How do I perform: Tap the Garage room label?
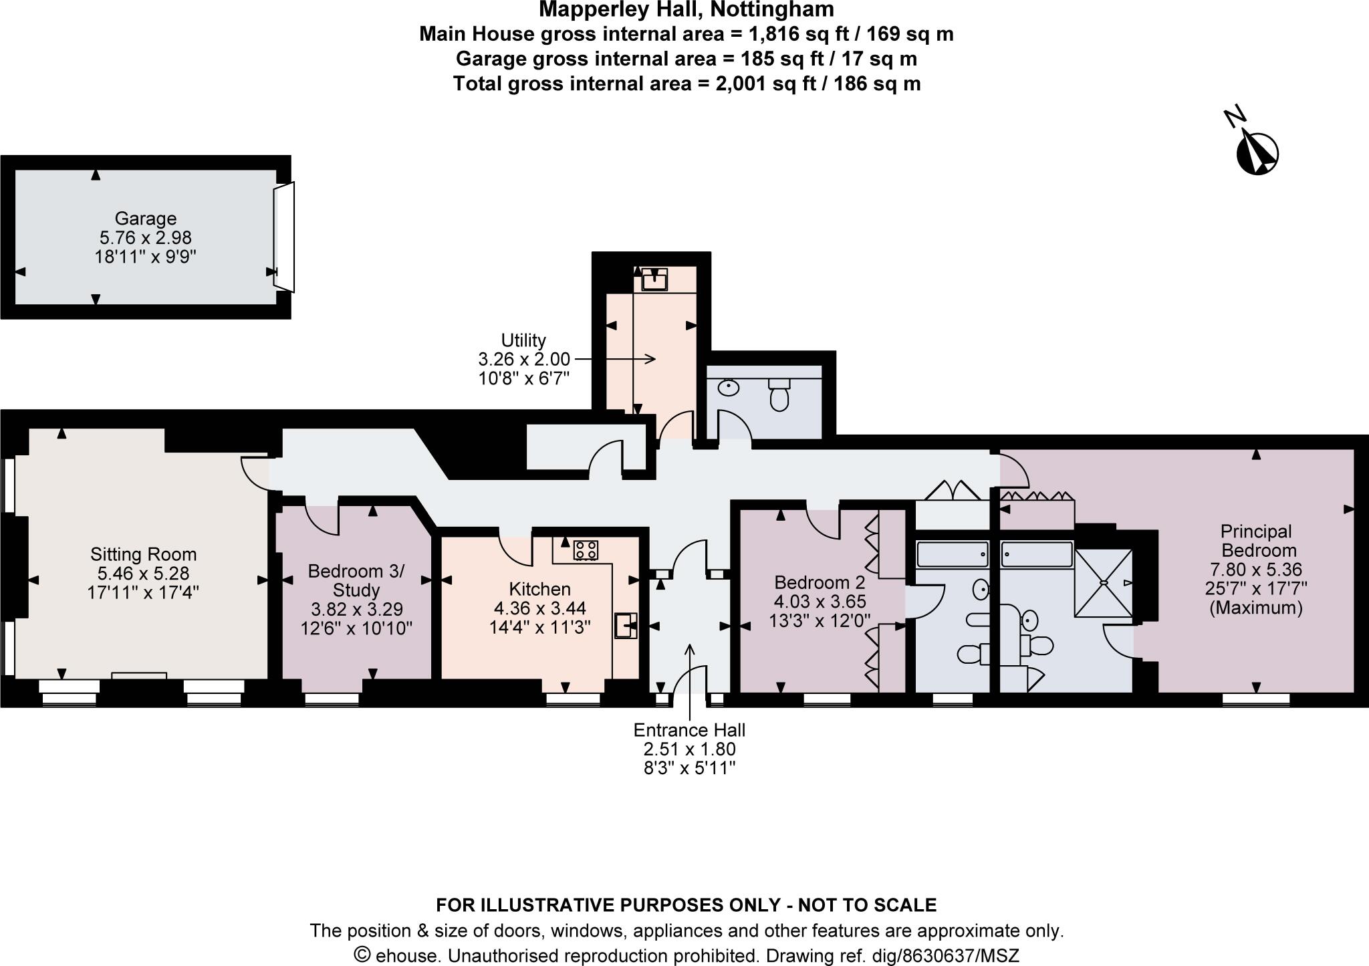pyautogui.click(x=145, y=219)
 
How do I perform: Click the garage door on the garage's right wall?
pyautogui.click(x=283, y=237)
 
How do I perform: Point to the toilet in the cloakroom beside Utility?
pyautogui.click(x=779, y=395)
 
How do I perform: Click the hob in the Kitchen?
pyautogui.click(x=586, y=550)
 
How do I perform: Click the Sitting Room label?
pyautogui.click(x=144, y=554)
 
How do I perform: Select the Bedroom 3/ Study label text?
pyautogui.click(x=356, y=580)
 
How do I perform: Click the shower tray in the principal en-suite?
pyautogui.click(x=1103, y=583)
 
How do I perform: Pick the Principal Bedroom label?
pyautogui.click(x=1256, y=541)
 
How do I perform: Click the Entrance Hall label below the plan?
pyautogui.click(x=689, y=730)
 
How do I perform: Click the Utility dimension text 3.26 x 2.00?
pyautogui.click(x=524, y=359)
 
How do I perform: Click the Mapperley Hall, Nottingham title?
pyautogui.click(x=687, y=9)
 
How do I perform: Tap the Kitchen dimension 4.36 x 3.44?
pyautogui.click(x=539, y=608)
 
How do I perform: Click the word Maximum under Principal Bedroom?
pyautogui.click(x=1256, y=608)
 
